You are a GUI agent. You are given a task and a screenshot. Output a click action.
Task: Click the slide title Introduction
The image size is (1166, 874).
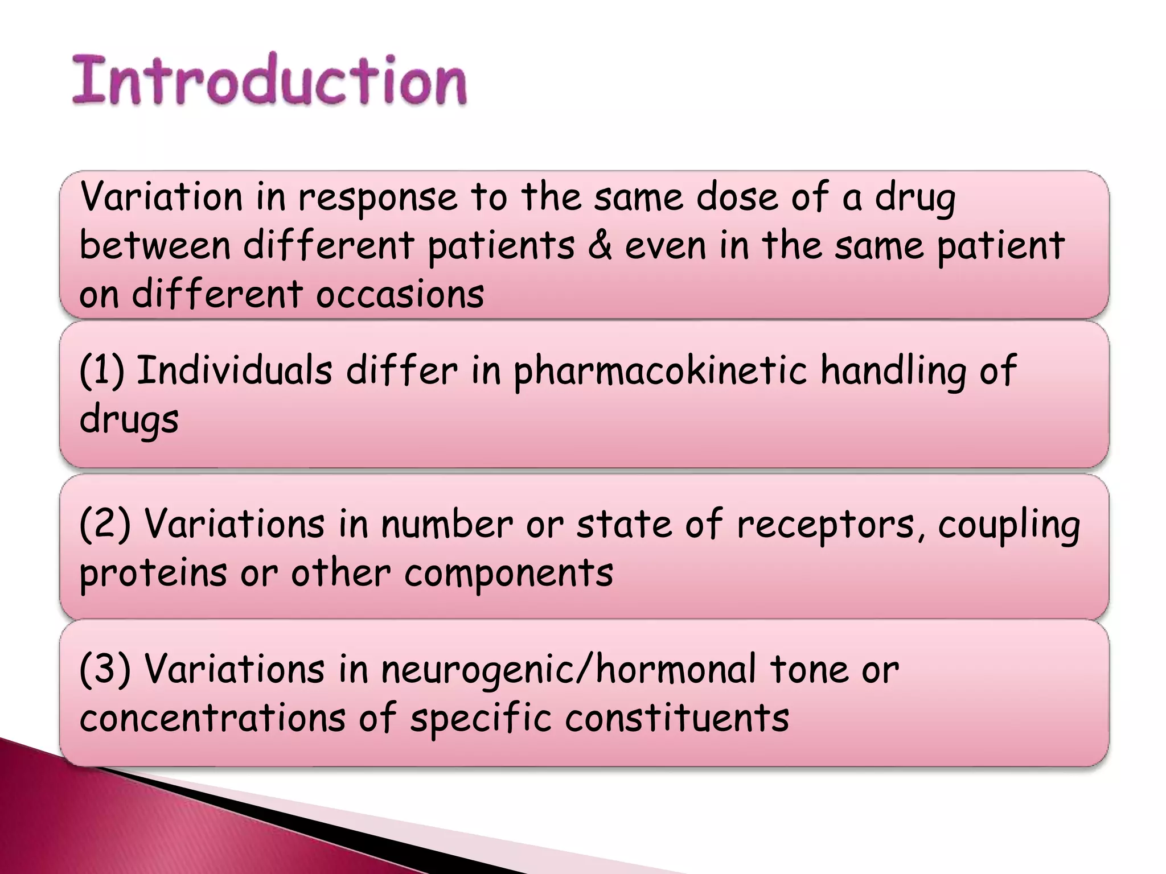coord(269,80)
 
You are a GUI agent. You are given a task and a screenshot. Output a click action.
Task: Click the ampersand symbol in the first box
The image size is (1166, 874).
coord(600,246)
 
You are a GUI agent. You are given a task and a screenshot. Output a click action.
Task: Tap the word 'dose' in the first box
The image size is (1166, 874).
coord(737,197)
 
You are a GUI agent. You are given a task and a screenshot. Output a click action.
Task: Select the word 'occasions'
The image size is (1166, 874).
coord(400,295)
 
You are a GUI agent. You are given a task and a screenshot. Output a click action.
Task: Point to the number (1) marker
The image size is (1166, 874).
coord(101,371)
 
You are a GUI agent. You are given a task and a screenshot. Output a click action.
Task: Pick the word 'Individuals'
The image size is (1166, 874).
coord(234,370)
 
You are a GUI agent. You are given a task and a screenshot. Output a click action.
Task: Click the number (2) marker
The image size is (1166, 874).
coord(105,523)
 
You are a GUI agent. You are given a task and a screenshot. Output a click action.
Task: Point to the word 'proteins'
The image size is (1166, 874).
coord(153,573)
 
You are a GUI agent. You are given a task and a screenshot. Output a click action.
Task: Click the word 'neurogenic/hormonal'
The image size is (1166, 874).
coord(569,670)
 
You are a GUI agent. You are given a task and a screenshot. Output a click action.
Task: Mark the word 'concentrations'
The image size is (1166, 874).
coord(212,718)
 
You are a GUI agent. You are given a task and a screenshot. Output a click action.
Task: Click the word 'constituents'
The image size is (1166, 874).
coord(677,718)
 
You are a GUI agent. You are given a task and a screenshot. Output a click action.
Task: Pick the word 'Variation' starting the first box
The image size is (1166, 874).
coord(162,197)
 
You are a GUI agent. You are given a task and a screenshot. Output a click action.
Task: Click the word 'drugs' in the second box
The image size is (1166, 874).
coord(129,420)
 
